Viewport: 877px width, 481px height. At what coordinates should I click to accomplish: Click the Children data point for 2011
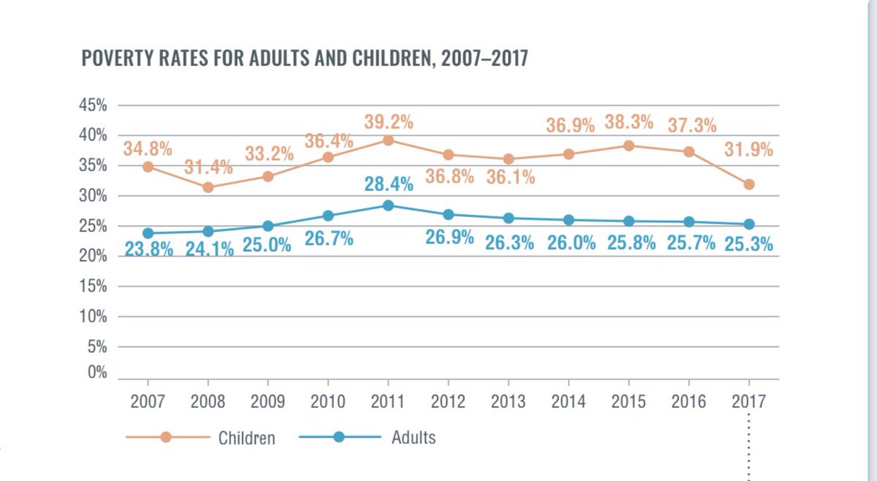(x=388, y=140)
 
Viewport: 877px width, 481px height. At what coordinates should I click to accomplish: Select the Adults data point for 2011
(x=388, y=205)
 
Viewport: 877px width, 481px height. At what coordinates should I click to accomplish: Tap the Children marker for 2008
(x=208, y=187)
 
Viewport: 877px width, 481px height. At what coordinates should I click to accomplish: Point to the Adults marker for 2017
(x=748, y=224)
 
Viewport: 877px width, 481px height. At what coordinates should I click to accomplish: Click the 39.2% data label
(x=389, y=121)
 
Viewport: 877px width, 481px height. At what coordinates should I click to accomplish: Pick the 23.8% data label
(x=148, y=249)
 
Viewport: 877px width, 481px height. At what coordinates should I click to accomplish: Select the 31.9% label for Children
(x=748, y=151)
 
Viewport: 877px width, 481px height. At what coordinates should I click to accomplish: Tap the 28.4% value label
(x=389, y=184)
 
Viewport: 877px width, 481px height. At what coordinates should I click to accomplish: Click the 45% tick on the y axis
(x=93, y=105)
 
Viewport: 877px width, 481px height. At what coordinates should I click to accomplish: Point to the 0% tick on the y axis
(x=98, y=372)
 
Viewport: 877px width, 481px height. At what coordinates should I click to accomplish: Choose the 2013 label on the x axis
(x=509, y=401)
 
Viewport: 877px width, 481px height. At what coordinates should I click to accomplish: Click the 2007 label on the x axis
(x=148, y=401)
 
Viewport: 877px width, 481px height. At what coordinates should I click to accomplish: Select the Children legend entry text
(x=247, y=439)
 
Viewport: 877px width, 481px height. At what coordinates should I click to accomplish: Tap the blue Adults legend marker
(x=338, y=437)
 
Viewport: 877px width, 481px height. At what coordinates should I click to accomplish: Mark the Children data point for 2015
(x=629, y=145)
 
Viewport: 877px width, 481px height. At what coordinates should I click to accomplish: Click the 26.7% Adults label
(x=329, y=239)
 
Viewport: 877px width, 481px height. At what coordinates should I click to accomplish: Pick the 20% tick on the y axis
(x=93, y=257)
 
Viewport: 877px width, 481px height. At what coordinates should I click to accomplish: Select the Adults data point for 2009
(x=268, y=226)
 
